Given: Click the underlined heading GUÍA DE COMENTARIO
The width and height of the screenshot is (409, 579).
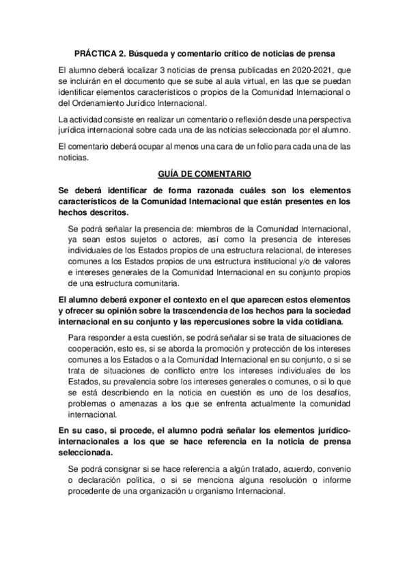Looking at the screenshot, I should point(204,174).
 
